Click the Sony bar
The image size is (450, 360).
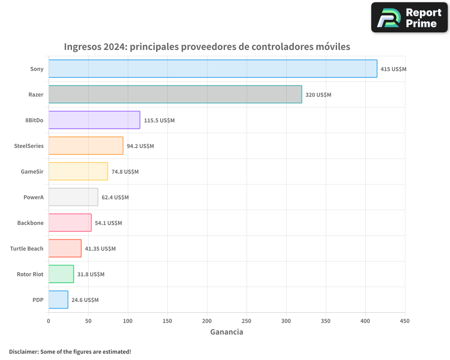(212, 69)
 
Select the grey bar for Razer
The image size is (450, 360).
(175, 94)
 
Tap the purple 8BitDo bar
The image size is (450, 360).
(94, 120)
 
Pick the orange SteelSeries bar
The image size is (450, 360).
(85, 146)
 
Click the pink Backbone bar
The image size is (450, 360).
(70, 223)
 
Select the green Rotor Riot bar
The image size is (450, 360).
(61, 274)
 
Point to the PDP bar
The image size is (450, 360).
(58, 300)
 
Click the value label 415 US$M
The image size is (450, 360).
(393, 69)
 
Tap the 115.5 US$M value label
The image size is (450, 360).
(159, 121)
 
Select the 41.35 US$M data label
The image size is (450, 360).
(100, 249)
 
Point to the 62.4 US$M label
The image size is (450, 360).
(115, 198)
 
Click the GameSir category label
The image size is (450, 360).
(32, 171)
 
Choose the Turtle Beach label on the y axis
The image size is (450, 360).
(27, 248)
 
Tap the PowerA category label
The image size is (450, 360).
(33, 197)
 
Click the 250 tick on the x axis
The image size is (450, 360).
(247, 321)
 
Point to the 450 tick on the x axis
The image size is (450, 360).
(405, 321)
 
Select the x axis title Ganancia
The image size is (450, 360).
(227, 332)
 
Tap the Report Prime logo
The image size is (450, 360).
(409, 18)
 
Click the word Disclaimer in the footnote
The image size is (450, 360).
(23, 351)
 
